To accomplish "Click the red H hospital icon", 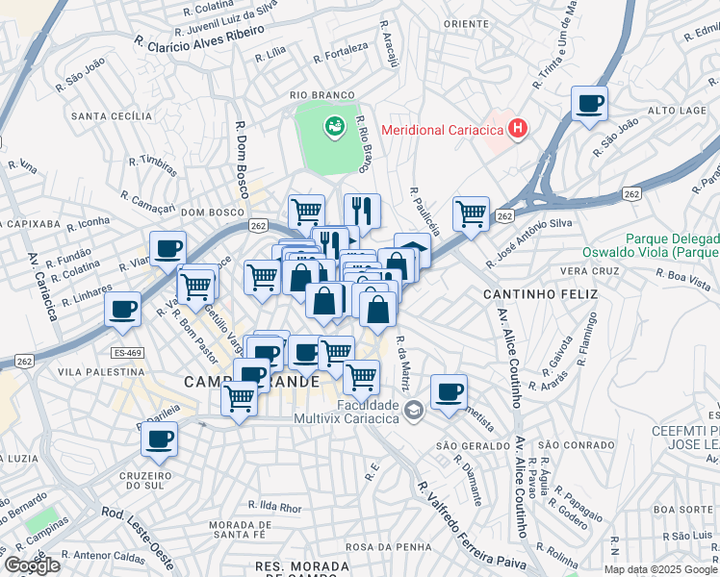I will pos(518,129).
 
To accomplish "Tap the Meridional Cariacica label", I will pos(444,130).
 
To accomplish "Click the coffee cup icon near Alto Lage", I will pos(589,103).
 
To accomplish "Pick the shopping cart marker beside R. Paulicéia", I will pos(471,213).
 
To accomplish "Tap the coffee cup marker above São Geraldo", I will pos(449,391).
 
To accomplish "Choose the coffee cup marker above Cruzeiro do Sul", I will pos(160,439).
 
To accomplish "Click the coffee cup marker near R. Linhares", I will pos(123,310).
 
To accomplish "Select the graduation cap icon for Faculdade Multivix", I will pos(413,410).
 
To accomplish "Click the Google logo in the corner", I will pos(31,565).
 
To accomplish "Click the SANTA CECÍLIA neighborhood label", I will pos(112,116).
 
